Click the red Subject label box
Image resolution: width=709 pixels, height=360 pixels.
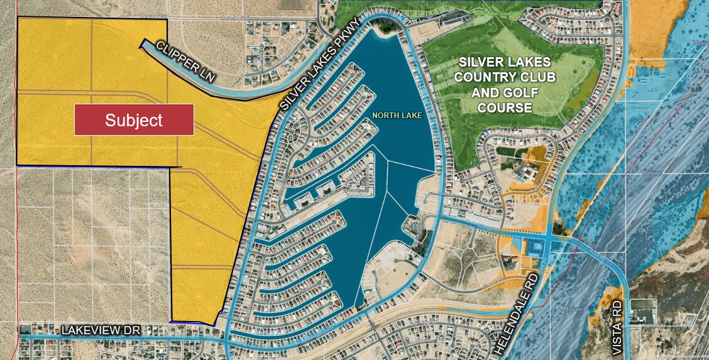tap(133, 119)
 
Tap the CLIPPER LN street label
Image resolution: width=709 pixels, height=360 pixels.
tap(186, 63)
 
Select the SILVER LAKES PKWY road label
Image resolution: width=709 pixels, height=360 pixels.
tap(321, 65)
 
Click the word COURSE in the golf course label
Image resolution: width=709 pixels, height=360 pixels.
tap(505, 107)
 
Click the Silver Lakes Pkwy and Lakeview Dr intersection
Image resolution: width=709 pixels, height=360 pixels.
tap(224, 339)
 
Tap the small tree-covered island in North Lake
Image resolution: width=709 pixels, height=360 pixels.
tap(414, 225)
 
